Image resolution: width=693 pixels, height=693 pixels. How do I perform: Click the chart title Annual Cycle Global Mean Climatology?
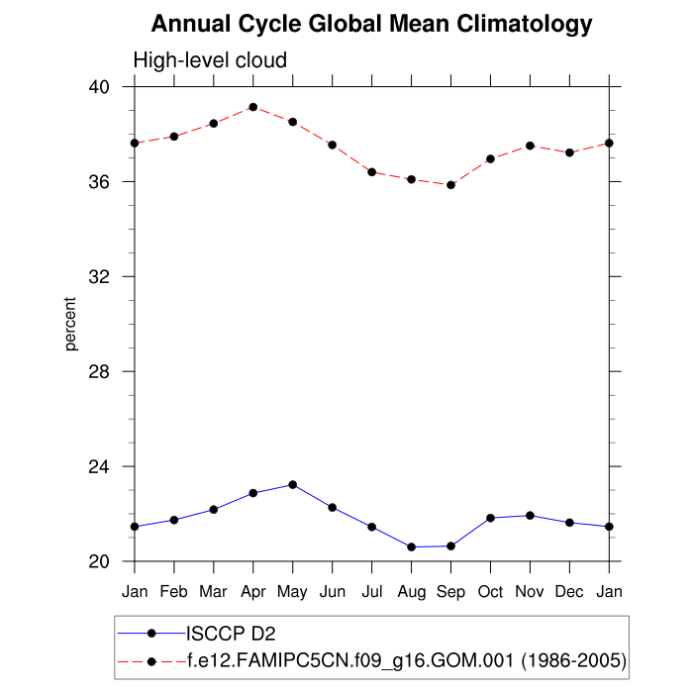372,24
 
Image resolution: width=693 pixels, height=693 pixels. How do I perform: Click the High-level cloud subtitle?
210,60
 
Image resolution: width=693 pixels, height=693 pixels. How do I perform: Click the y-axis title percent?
71,324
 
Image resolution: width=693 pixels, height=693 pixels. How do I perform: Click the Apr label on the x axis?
253,591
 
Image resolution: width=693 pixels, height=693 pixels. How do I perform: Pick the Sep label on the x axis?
450,591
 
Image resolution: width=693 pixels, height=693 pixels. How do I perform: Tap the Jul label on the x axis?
371,591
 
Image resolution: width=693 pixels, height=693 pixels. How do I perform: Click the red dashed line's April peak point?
253,107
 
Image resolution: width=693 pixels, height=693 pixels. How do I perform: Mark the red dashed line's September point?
450,185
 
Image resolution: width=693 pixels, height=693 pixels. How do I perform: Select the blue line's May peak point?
293,484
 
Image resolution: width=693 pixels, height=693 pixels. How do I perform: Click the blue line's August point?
411,546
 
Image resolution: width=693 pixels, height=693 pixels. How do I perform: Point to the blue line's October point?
490,518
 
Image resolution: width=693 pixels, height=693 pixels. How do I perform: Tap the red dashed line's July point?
371,172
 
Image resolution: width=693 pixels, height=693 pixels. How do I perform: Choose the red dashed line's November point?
530,146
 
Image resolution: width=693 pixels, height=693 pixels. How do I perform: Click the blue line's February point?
174,520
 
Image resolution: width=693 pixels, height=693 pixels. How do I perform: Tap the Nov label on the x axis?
530,591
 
